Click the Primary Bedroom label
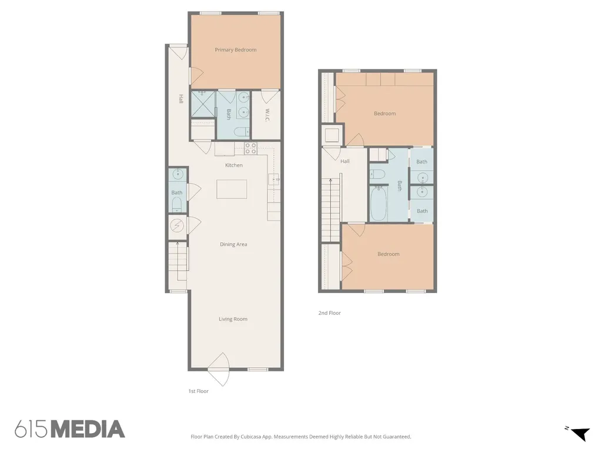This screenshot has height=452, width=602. (235, 49)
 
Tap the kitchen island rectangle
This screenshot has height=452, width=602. (232, 189)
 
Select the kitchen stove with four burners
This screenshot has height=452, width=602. (250, 148)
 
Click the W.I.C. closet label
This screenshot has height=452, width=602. (267, 115)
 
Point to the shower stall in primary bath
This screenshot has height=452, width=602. (203, 104)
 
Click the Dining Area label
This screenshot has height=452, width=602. (233, 244)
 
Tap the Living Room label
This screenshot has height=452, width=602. (233, 318)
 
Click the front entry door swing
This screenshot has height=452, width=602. (219, 370)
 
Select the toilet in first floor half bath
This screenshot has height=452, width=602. (177, 204)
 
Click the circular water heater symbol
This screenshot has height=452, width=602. (176, 225)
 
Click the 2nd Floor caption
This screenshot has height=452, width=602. (329, 313)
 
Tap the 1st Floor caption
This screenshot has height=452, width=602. (198, 391)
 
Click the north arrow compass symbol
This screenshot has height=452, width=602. (580, 433)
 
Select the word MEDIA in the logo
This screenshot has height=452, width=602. (88, 429)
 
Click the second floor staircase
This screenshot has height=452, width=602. (330, 210)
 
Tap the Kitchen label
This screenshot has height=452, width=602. (234, 165)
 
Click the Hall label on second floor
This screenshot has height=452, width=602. (345, 161)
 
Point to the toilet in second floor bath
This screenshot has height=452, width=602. (377, 174)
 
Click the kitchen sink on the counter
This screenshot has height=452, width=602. (274, 180)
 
